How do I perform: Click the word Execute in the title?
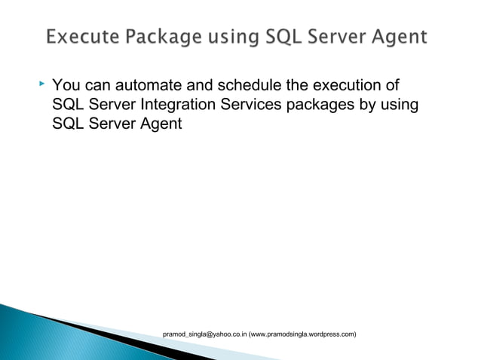(79, 36)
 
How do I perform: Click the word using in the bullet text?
(400, 104)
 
